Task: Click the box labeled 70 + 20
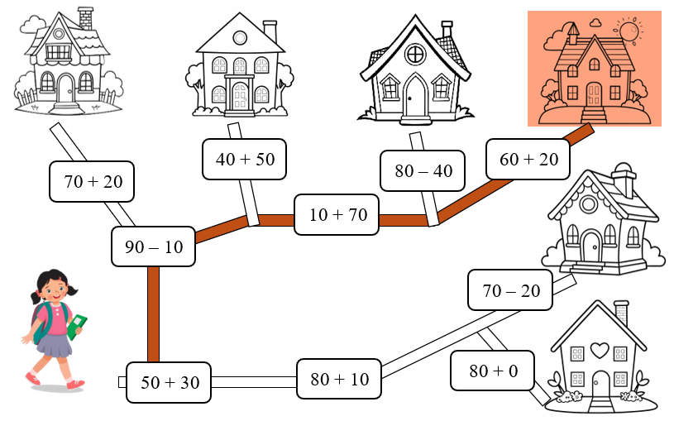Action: (92, 182)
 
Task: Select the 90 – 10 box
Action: (153, 246)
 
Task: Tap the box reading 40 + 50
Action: (245, 159)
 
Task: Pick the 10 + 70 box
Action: (337, 215)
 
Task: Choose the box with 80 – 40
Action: (423, 171)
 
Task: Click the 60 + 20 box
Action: (528, 159)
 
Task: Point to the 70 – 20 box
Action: (510, 290)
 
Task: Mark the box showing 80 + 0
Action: (493, 371)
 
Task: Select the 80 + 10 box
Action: (339, 380)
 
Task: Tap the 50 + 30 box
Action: (169, 382)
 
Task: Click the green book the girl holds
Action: (78, 324)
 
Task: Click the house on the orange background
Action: (592, 74)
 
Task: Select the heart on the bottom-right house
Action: (600, 350)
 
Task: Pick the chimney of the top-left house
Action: (85, 18)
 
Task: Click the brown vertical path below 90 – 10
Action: (153, 314)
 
